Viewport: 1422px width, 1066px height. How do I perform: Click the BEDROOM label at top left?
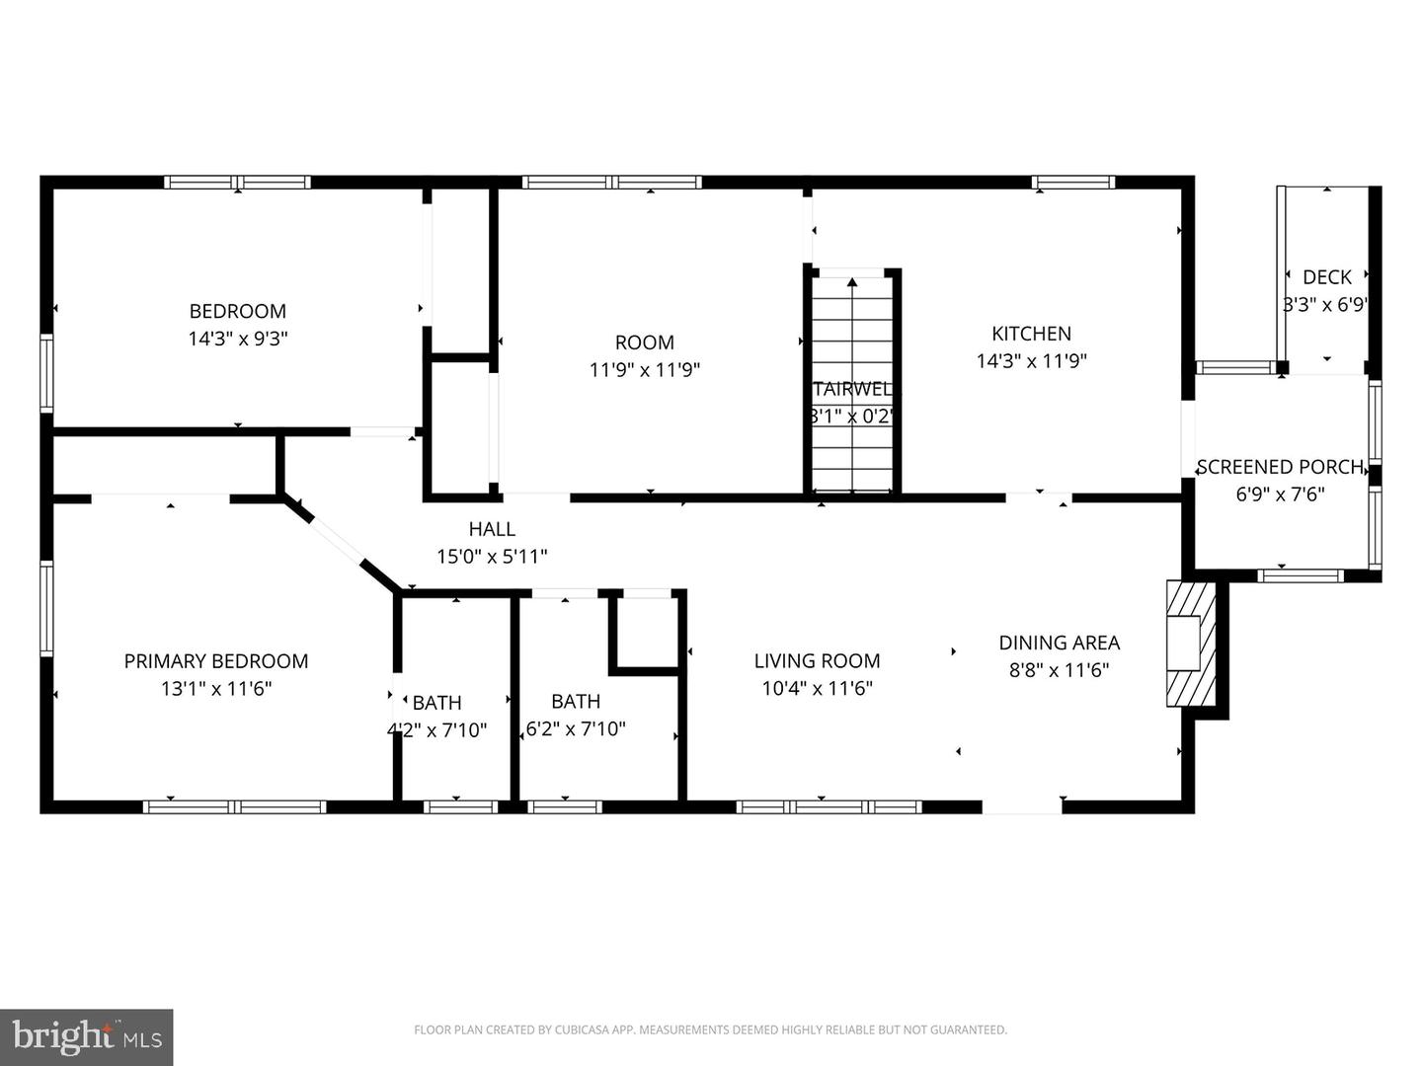pyautogui.click(x=237, y=311)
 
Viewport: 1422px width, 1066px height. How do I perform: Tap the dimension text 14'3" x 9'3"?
pyautogui.click(x=237, y=339)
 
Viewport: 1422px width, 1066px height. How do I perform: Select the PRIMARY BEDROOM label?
pyautogui.click(x=215, y=661)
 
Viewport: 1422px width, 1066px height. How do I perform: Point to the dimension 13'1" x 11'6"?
pyautogui.click(x=215, y=689)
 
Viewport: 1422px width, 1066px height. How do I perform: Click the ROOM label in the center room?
pyautogui.click(x=644, y=343)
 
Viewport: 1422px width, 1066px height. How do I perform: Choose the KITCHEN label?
pyautogui.click(x=1031, y=334)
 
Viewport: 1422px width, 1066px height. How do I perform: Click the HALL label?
pyautogui.click(x=491, y=529)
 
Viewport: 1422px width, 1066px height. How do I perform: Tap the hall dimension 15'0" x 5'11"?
pyautogui.click(x=491, y=557)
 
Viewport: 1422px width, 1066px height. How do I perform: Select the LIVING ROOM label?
pyautogui.click(x=817, y=661)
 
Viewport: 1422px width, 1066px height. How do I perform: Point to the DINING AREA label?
pyautogui.click(x=1059, y=643)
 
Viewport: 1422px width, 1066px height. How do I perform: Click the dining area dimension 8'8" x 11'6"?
pyautogui.click(x=1059, y=670)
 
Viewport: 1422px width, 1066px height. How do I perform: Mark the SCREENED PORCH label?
pyautogui.click(x=1279, y=467)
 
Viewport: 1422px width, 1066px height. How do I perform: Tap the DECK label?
pyautogui.click(x=1326, y=277)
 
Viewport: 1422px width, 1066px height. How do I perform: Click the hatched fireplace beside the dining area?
pyautogui.click(x=1189, y=644)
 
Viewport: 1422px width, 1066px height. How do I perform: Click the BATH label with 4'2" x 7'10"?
pyautogui.click(x=436, y=703)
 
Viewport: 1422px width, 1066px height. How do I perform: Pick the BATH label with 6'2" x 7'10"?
pyautogui.click(x=575, y=702)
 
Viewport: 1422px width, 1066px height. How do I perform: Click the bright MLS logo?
pyautogui.click(x=87, y=1036)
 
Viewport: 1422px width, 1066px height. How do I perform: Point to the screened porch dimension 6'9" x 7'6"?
pyautogui.click(x=1279, y=495)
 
